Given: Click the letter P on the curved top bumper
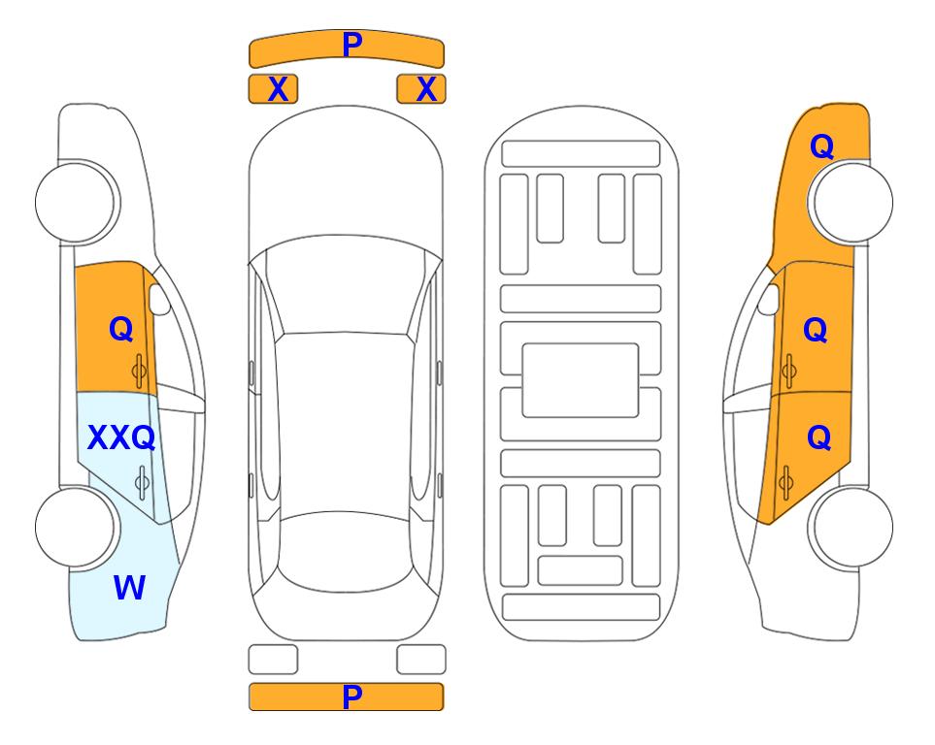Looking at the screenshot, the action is coord(352,44).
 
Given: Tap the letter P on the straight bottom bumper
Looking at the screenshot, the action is coord(352,696).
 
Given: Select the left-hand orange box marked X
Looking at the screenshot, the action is coord(273,89).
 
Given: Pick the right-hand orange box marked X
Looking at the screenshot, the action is coord(421,89).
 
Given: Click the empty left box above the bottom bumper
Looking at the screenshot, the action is coord(273,660).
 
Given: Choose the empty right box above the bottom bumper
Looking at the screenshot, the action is coord(421,660).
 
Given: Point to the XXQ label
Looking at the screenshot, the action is coord(121,438).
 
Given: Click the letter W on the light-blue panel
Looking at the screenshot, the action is coord(129,587).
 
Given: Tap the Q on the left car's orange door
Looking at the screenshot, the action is coord(121,329).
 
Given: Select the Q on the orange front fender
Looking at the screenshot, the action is coord(821,146).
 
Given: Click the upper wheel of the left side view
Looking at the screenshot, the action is coord(75,202).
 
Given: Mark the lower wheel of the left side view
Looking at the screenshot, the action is coord(75,527).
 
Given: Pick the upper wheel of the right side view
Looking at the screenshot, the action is coord(852,202).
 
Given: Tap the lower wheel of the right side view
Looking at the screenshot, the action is coord(852,527).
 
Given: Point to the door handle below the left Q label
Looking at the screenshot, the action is coord(139,371).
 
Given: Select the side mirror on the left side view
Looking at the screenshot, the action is coord(158,299).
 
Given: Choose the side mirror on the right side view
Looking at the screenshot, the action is coord(769,299).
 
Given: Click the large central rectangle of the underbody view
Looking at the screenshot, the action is coord(581,380).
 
